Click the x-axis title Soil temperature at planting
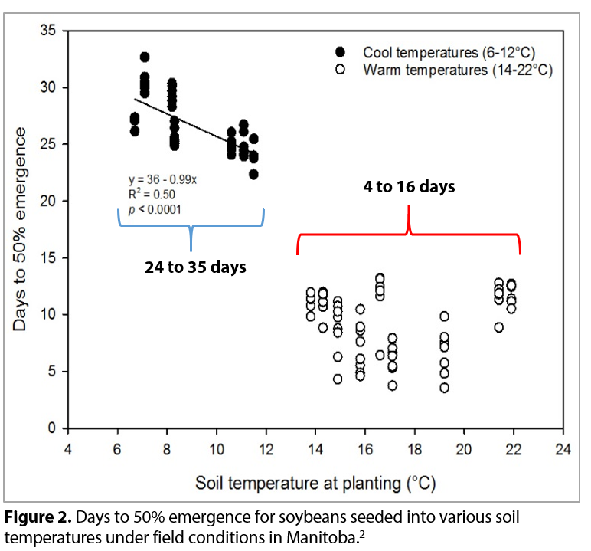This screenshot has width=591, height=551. [315, 484]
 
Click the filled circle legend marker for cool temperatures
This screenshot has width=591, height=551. [341, 52]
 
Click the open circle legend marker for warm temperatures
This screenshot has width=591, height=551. [341, 70]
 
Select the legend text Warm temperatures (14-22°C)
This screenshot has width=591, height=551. [458, 70]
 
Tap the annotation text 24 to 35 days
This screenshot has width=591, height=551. [190, 267]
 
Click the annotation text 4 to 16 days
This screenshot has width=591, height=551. [409, 186]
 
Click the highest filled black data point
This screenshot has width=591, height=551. [145, 57]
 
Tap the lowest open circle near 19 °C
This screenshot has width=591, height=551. [444, 388]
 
